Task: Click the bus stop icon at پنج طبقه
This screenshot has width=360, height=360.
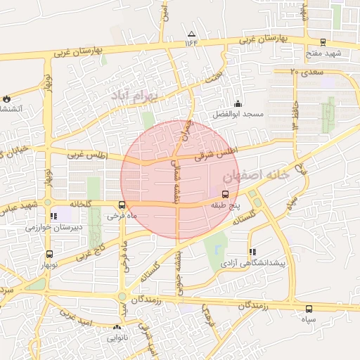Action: [225, 194]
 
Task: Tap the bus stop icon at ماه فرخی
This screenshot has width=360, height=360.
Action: [123, 205]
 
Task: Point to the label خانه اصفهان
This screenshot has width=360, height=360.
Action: [255, 175]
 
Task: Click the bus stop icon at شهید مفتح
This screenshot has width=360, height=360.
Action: [323, 42]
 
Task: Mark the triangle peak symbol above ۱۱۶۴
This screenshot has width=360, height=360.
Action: [191, 34]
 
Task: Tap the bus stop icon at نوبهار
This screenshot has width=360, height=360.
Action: [49, 254]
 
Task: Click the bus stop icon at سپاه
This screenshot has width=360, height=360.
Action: [309, 309]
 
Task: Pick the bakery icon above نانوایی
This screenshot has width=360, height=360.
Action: [117, 327]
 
